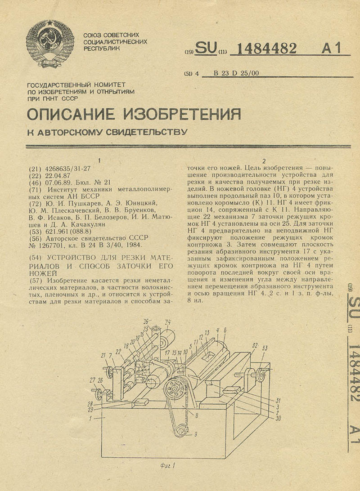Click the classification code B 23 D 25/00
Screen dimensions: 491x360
236,73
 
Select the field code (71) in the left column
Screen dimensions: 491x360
34,190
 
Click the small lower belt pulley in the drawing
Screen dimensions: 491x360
182,432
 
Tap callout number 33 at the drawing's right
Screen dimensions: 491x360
265,348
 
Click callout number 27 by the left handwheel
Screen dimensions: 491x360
92,379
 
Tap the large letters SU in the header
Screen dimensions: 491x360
205,48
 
